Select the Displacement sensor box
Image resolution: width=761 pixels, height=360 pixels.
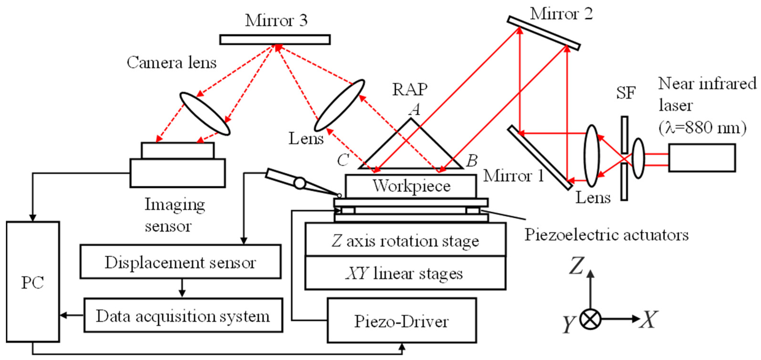click(180, 262)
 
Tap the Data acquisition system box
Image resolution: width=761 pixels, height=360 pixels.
click(183, 315)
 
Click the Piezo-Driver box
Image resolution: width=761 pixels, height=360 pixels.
click(401, 320)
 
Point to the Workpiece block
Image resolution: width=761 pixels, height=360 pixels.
click(411, 186)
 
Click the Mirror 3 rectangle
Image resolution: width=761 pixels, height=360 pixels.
click(275, 40)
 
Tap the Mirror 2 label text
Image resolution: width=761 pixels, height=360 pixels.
click(561, 14)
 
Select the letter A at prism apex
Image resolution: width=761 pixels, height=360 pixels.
click(415, 110)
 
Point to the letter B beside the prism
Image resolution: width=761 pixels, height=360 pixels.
click(472, 161)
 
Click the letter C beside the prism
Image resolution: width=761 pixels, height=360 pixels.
click(343, 160)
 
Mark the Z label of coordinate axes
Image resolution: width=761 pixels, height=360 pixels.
click(576, 265)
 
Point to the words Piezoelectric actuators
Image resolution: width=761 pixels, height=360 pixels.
click(606, 235)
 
